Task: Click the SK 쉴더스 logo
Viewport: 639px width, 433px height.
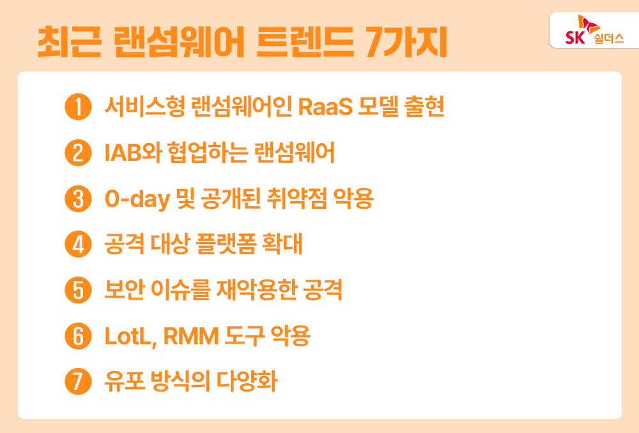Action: click(594, 30)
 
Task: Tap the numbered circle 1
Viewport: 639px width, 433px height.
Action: click(78, 107)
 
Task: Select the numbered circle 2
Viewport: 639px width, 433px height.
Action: click(78, 153)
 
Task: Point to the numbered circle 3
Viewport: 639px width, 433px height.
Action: click(78, 199)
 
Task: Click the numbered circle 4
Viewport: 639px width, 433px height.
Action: click(78, 245)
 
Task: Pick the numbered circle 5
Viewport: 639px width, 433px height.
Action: click(78, 291)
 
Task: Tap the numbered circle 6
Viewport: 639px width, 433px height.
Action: click(78, 336)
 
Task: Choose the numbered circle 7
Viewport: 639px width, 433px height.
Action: click(78, 382)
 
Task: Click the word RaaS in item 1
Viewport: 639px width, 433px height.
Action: click(325, 107)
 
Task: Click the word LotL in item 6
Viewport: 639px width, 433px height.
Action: click(128, 337)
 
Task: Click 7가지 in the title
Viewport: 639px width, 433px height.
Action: click(406, 42)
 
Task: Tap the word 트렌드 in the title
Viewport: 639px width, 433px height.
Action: click(304, 42)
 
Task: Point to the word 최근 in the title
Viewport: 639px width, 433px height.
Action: click(69, 42)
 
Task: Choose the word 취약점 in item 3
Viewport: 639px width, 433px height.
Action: click(296, 199)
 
